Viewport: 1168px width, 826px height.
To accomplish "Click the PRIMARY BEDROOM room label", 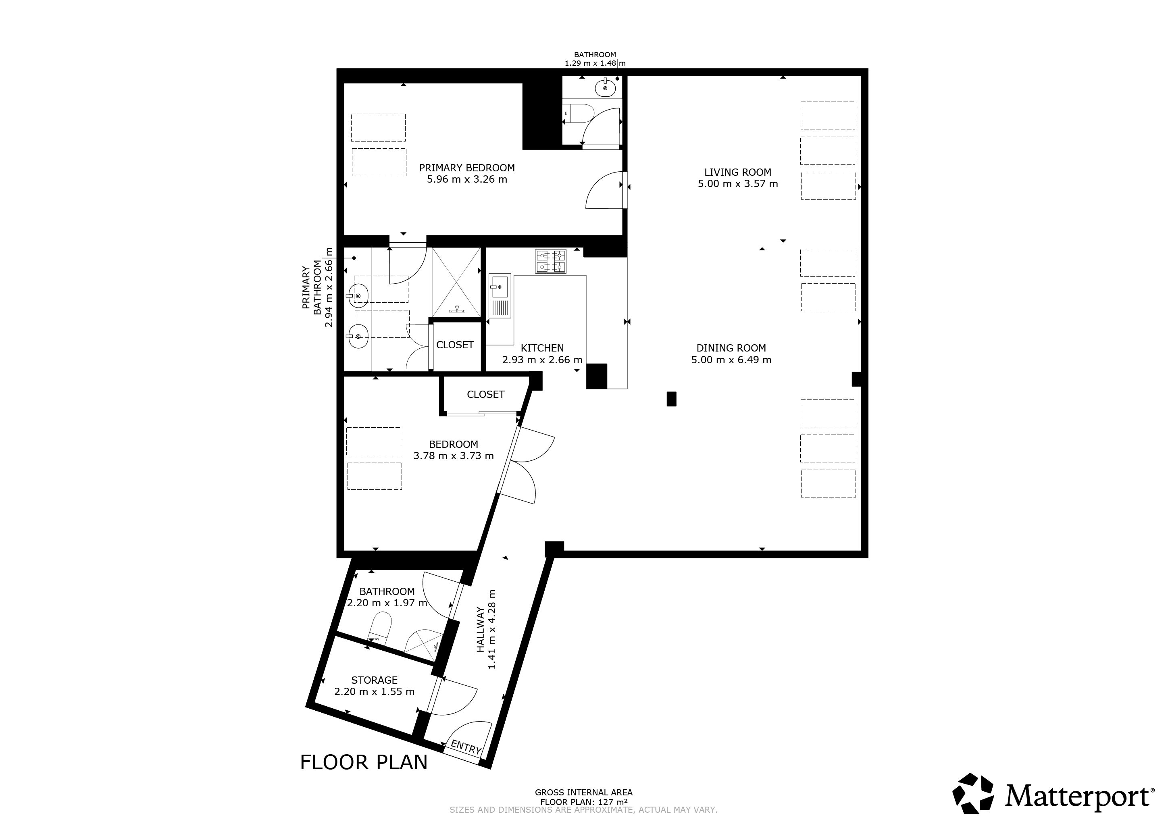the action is coord(466,168).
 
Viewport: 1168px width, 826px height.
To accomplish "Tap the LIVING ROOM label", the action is coord(738,173).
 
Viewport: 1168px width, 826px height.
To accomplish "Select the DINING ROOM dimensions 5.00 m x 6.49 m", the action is coord(731,360).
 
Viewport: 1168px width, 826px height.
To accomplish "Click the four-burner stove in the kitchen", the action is coord(550,262).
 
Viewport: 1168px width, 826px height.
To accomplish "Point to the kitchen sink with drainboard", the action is coord(500,296).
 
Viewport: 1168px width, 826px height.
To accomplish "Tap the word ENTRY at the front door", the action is coord(466,747).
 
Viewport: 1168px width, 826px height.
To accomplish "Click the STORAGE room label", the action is coord(375,680).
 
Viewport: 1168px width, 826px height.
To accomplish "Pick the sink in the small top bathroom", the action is coord(605,88).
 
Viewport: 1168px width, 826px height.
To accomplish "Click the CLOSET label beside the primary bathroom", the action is coord(455,345).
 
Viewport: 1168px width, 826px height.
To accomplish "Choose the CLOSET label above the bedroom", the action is coord(486,395).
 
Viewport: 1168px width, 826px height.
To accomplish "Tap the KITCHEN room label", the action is coord(542,348).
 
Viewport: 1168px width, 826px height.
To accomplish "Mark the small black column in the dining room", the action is coord(672,399).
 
